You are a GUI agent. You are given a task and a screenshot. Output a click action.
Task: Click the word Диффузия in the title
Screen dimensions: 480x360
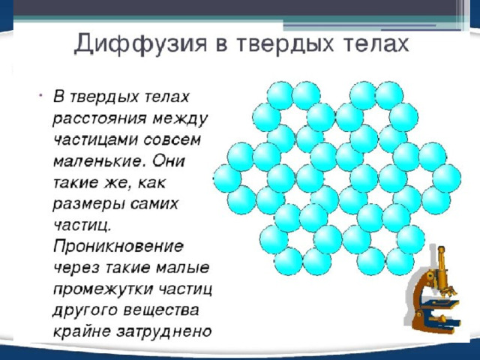[140, 44]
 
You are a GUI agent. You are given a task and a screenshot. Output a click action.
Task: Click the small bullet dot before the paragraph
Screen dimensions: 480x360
[40, 95]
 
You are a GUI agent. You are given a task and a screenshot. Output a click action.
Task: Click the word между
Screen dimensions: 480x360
[180, 118]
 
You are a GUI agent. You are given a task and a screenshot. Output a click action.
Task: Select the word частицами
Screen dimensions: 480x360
[94, 140]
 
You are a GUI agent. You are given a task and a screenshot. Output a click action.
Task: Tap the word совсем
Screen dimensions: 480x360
[172, 139]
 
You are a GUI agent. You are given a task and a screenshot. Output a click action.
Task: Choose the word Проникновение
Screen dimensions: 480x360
[118, 247]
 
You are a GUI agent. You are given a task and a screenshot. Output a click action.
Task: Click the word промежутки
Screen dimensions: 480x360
[103, 289]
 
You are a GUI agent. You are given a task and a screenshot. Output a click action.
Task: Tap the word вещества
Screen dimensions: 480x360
[161, 310]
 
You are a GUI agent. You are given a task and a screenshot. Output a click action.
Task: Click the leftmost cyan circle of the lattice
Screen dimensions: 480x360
[227, 178]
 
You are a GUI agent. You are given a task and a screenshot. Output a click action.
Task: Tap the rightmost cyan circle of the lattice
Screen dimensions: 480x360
[447, 178]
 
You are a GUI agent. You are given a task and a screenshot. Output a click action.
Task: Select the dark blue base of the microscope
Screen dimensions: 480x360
[441, 322]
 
